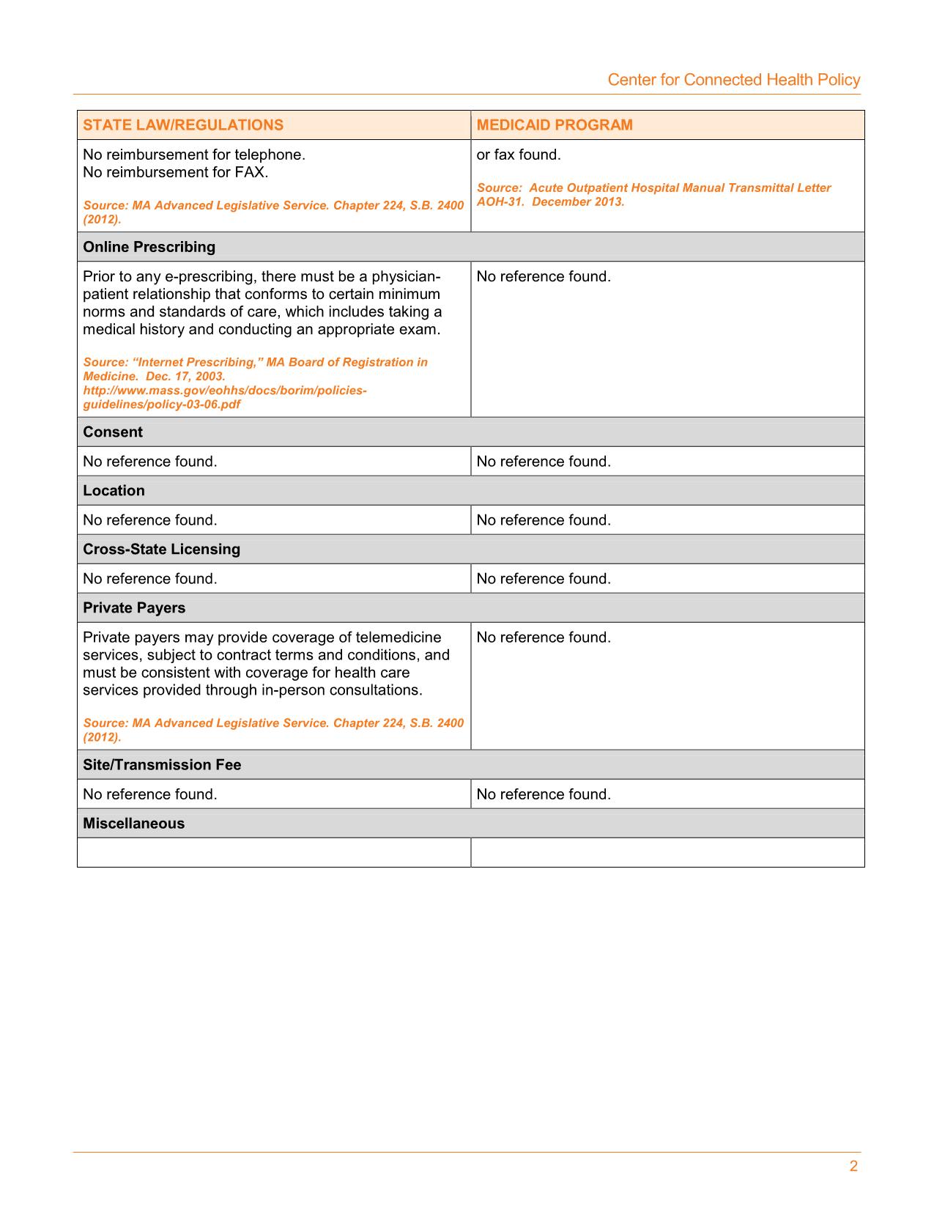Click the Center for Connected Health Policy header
pos(733,80)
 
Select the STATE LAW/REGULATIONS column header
pos(183,125)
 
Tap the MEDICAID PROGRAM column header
pos(555,125)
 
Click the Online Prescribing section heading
pos(149,247)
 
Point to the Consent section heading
pos(113,432)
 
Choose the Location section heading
pos(114,491)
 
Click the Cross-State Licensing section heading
pos(161,550)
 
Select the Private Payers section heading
pos(134,608)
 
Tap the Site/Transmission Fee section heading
pos(162,765)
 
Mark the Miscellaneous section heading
pos(133,824)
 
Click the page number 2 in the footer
pos(853,1167)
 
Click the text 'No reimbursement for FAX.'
pos(176,173)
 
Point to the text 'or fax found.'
pos(519,155)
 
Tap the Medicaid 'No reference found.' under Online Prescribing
pos(544,277)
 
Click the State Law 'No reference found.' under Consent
pos(150,462)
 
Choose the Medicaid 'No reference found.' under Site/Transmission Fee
pos(544,794)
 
